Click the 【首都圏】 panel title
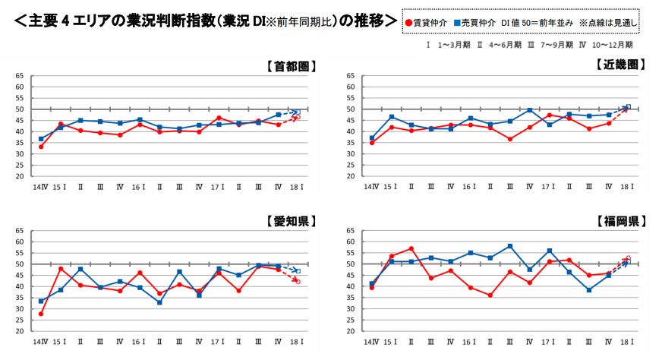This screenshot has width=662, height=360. [291, 66]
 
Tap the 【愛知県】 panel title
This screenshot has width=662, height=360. [291, 222]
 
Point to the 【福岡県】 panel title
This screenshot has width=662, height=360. [619, 222]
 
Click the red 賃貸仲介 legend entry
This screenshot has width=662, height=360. [427, 24]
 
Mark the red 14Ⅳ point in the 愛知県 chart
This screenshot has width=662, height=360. [40, 314]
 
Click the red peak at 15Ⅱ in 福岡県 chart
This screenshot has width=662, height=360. [411, 248]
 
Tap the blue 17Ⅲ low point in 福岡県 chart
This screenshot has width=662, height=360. [588, 290]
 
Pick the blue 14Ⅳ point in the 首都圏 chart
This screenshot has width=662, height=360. [40, 139]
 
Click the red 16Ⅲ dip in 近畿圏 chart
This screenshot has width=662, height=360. [510, 139]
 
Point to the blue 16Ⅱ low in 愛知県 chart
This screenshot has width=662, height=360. [159, 302]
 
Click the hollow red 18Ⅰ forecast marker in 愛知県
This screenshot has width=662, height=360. [298, 282]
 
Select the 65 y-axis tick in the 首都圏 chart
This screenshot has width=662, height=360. [19, 76]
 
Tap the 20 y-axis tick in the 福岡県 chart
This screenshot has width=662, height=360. [350, 331]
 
